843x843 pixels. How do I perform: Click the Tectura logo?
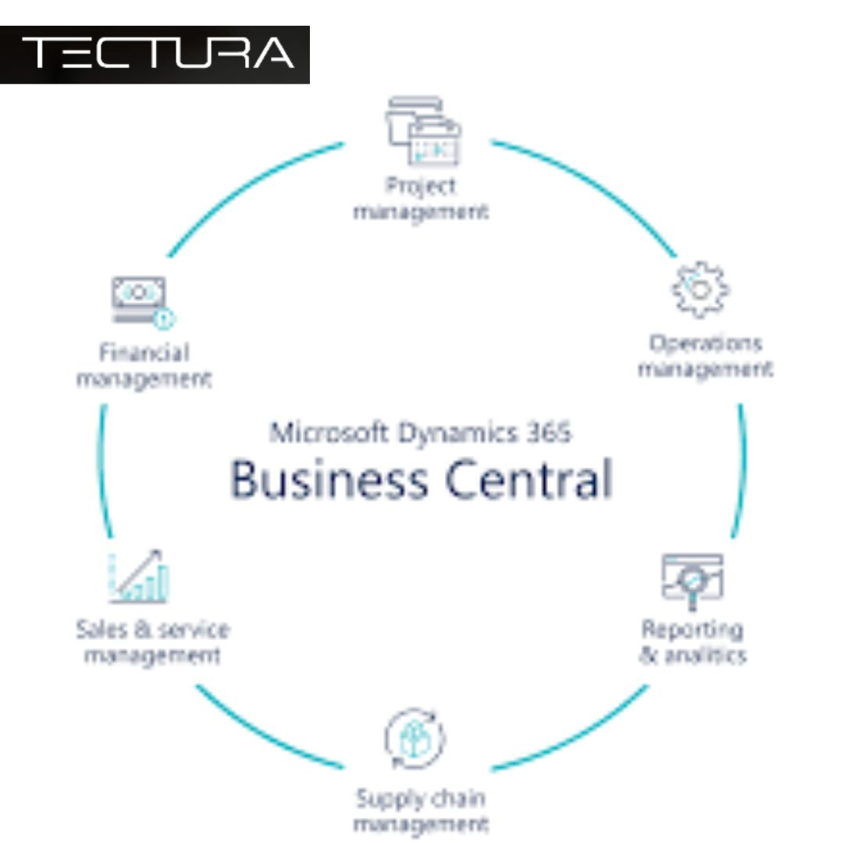(x=155, y=54)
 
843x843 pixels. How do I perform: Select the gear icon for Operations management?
(x=700, y=290)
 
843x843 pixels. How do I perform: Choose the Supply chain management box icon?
(x=414, y=738)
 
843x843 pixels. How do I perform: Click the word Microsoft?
(x=327, y=432)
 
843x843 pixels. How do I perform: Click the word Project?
(x=421, y=187)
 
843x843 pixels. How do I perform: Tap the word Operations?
(x=705, y=343)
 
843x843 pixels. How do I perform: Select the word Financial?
(x=144, y=353)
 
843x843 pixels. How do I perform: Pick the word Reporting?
(x=692, y=629)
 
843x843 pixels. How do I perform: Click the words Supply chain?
(x=420, y=799)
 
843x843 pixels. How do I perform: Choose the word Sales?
(x=98, y=629)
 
